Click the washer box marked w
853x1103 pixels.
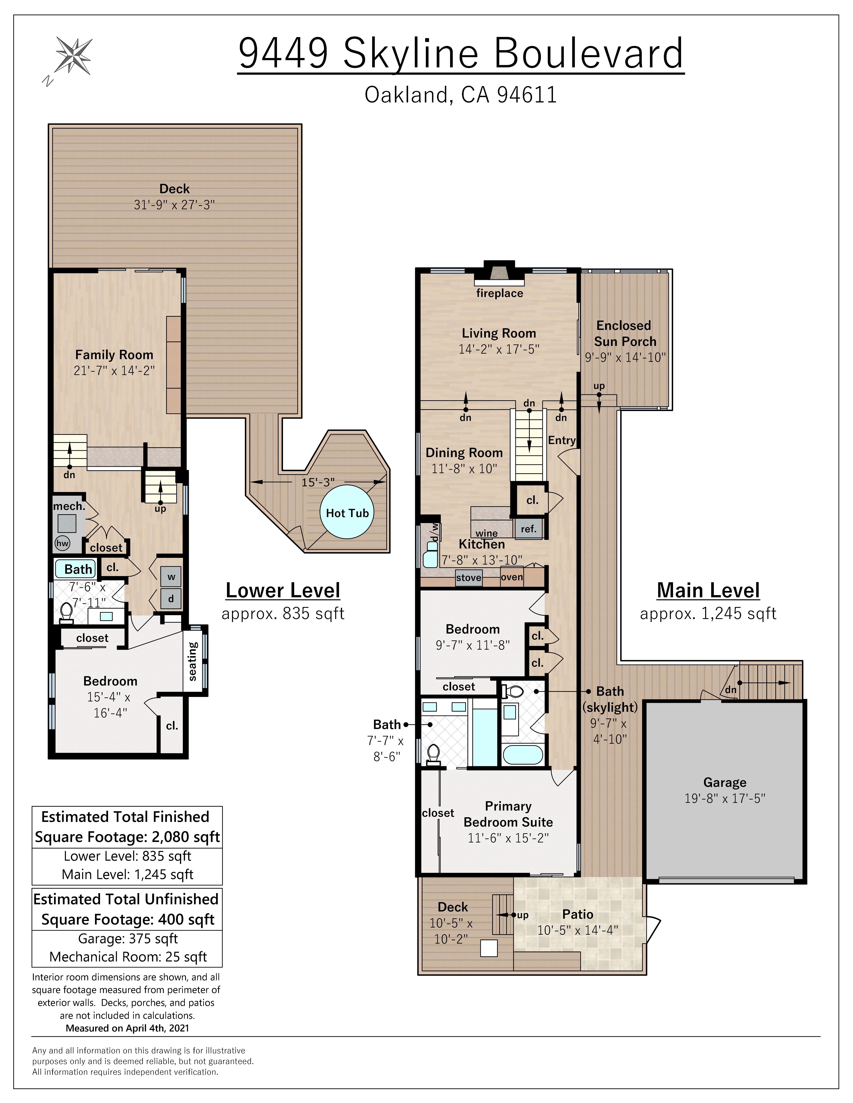pos(171,577)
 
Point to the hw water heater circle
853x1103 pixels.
pos(62,543)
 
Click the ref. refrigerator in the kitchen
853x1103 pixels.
pos(529,529)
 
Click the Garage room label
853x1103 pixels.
pos(725,782)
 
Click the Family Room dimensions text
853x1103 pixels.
pos(114,371)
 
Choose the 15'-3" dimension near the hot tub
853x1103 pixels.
pos(318,482)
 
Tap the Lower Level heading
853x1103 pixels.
pos(283,590)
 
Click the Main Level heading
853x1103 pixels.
pos(708,590)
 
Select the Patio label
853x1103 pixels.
pos(578,914)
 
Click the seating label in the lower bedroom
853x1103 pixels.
pos(193,661)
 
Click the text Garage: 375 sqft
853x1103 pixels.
pos(128,938)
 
